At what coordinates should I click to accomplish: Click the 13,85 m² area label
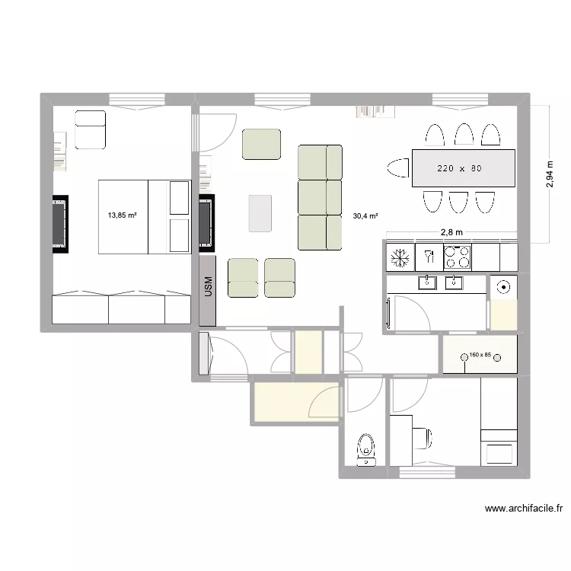122,215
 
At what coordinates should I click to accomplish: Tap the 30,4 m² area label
366,215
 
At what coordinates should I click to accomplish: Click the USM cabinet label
209,287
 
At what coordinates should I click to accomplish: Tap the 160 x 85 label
480,355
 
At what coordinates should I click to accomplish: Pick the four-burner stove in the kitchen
458,257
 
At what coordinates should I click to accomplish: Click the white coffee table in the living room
260,212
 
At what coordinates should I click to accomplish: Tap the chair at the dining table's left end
397,168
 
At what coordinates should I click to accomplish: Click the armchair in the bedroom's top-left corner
90,129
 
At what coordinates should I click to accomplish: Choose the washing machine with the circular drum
502,288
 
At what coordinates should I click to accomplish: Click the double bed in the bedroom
143,216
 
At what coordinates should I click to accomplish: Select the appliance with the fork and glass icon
428,257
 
